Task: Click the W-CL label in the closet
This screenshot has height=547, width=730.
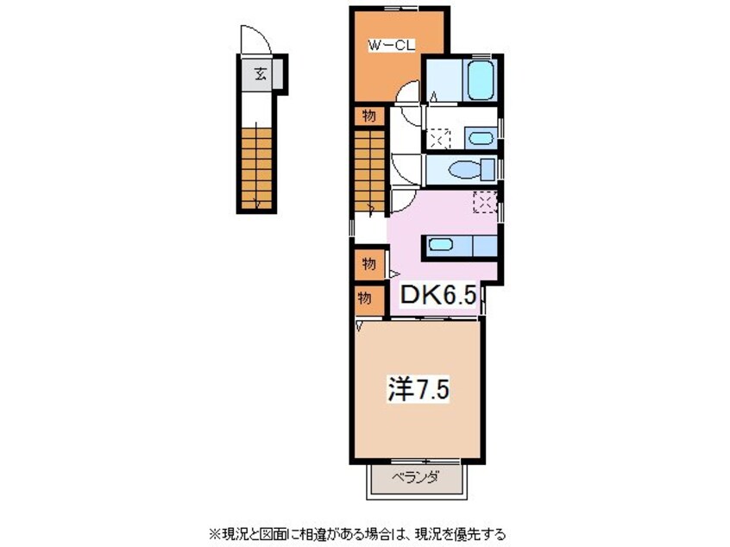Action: [392, 46]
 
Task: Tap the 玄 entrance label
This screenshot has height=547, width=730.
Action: [261, 73]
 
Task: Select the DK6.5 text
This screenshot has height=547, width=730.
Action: [437, 295]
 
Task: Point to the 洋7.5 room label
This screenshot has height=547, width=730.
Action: [418, 389]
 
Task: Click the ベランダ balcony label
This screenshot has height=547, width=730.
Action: [415, 478]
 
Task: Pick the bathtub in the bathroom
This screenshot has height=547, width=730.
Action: [480, 79]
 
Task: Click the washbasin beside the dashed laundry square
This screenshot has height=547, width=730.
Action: [481, 138]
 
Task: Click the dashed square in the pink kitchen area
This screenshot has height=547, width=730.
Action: [485, 202]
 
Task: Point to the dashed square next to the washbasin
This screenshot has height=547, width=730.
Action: [440, 138]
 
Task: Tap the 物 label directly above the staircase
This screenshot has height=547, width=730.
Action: [368, 116]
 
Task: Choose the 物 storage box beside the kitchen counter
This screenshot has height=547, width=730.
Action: [369, 264]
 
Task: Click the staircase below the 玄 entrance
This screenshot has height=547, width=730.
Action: [256, 168]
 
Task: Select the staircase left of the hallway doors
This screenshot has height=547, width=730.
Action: [369, 171]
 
